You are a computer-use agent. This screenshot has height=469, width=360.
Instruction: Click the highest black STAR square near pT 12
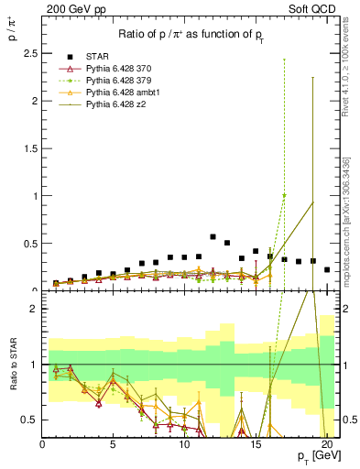point(213,236)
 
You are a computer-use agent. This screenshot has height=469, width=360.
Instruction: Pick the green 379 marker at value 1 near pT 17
point(284,195)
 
